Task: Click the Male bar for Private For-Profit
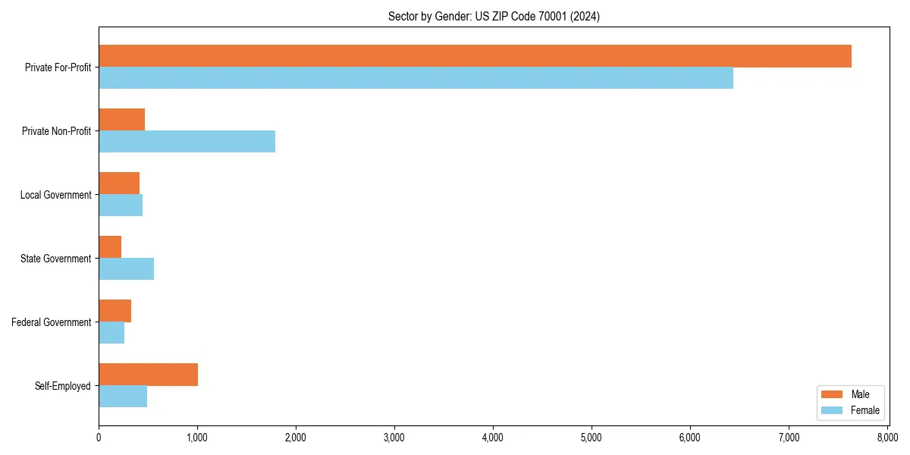[475, 56]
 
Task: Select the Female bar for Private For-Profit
[416, 78]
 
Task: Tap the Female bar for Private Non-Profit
[187, 142]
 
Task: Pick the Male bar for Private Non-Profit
[121, 120]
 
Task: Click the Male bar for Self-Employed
[148, 375]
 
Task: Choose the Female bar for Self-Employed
[123, 397]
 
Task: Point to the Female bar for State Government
[126, 269]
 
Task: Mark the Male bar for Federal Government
[115, 311]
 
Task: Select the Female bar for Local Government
[121, 206]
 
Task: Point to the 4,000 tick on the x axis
[493, 438]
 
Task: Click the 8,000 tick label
[887, 438]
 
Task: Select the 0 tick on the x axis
[99, 438]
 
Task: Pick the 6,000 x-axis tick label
[690, 438]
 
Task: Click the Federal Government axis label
[52, 322]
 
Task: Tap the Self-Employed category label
[63, 386]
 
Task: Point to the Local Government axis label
[56, 195]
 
